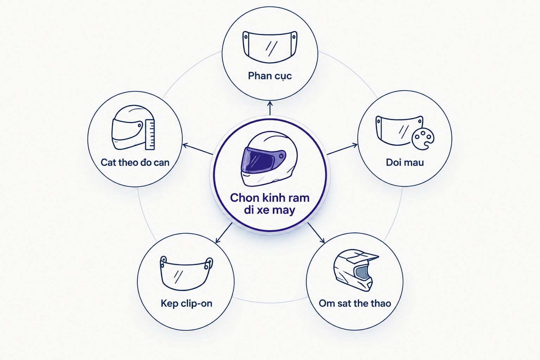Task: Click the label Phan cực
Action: [270, 76]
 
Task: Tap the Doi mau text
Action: [405, 162]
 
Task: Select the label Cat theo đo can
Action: [135, 162]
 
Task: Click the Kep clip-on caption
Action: [186, 303]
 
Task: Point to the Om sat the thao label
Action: [355, 303]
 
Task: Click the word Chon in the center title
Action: [244, 198]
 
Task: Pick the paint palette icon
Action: [423, 140]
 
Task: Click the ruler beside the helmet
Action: [150, 134]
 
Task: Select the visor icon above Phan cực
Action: [270, 47]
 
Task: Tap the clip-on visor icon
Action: [186, 273]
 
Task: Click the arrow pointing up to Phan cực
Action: [270, 108]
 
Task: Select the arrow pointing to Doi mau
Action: [342, 149]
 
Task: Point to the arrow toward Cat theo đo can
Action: [198, 149]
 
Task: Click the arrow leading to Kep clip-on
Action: [224, 233]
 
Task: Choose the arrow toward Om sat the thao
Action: [316, 233]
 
